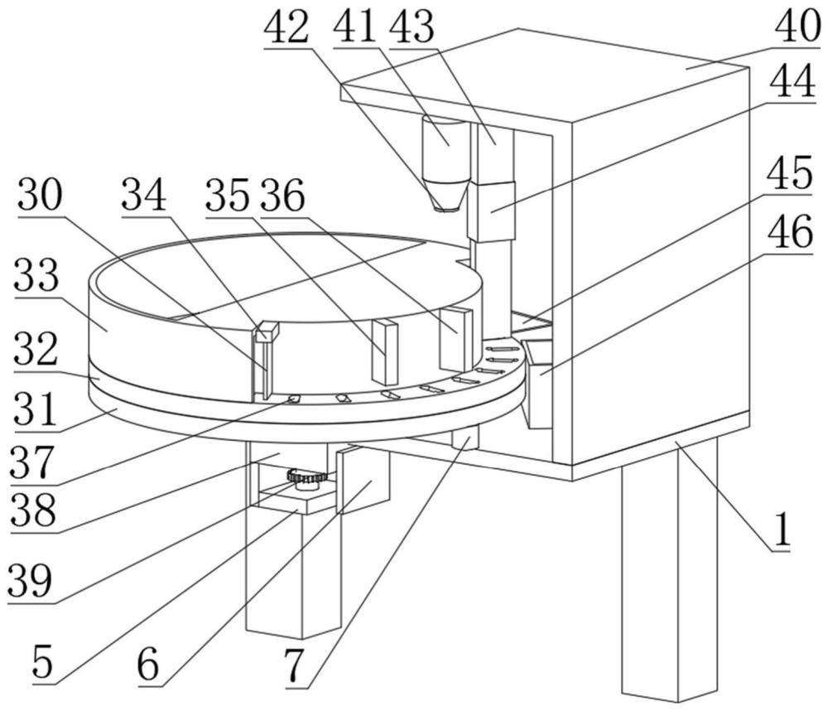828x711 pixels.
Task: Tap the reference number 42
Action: (x=286, y=27)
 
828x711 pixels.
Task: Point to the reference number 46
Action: (x=790, y=233)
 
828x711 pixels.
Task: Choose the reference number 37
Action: (x=33, y=462)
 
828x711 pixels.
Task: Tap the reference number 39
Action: (x=30, y=580)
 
